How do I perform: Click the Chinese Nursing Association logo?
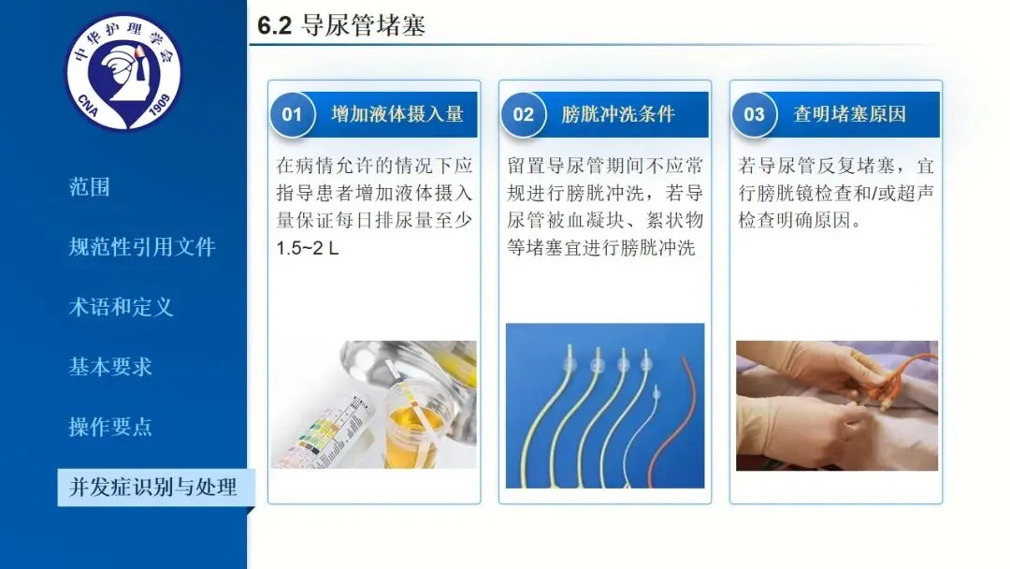pyautogui.click(x=123, y=73)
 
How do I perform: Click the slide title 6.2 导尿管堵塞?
pyautogui.click(x=340, y=25)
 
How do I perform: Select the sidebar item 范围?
pyautogui.click(x=90, y=187)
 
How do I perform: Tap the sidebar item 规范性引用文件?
pyautogui.click(x=142, y=247)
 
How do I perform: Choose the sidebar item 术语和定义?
pyautogui.click(x=121, y=307)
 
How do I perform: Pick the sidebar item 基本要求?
pyautogui.click(x=110, y=367)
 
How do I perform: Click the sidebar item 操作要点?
pyautogui.click(x=110, y=427)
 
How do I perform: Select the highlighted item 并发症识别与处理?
pyautogui.click(x=153, y=488)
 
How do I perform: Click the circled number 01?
pyautogui.click(x=292, y=115)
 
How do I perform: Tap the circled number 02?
pyautogui.click(x=523, y=115)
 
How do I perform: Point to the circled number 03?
pyautogui.click(x=754, y=115)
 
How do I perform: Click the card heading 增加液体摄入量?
pyautogui.click(x=397, y=115)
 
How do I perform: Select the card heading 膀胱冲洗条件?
pyautogui.click(x=618, y=115)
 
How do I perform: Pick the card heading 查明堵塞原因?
pyautogui.click(x=849, y=115)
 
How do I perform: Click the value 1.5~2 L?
pyautogui.click(x=308, y=248)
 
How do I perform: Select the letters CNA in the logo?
pyautogui.click(x=88, y=105)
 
